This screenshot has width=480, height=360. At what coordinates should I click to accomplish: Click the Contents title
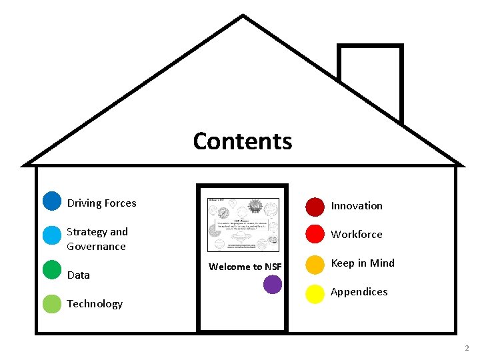(x=243, y=141)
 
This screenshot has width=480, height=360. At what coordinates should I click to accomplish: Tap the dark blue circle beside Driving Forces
(x=51, y=201)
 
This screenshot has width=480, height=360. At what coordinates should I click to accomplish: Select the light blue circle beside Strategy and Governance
(x=51, y=235)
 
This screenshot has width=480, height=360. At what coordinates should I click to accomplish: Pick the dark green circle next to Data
(x=51, y=269)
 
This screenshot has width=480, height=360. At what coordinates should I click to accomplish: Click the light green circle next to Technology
(x=51, y=304)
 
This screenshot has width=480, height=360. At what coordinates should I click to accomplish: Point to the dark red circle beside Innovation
(x=315, y=207)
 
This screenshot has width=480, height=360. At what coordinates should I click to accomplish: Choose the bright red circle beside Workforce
(x=315, y=235)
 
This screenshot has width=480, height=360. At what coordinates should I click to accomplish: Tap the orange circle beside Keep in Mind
(x=315, y=265)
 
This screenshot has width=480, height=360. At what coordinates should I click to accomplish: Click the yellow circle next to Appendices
(x=315, y=294)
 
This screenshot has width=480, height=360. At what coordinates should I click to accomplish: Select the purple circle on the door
(x=272, y=285)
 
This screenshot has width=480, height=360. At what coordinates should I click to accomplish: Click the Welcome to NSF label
(x=245, y=267)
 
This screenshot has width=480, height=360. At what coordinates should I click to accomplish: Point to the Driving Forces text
(x=101, y=203)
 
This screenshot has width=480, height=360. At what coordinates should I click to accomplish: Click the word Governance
(x=96, y=247)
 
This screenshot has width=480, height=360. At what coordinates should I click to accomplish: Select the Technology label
(x=95, y=304)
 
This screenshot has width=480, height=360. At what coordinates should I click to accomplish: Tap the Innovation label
(x=357, y=206)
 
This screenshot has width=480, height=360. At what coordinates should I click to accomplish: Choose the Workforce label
(x=357, y=235)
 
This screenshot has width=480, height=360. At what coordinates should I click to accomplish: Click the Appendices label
(x=359, y=292)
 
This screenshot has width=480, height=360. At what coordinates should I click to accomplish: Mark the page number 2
(x=467, y=348)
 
